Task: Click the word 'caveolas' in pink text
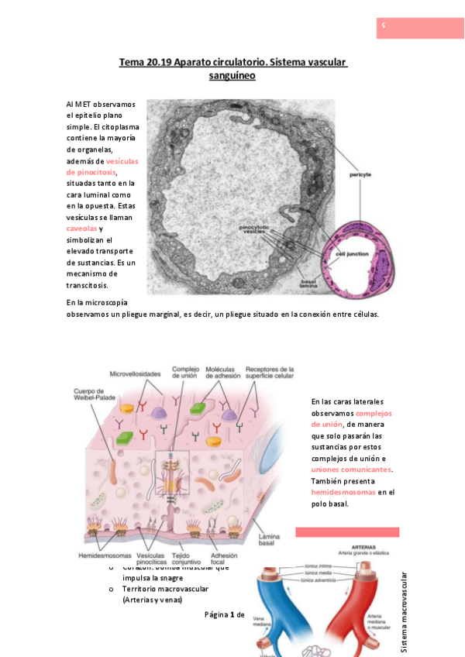tap(82, 229)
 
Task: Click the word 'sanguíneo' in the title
tap(232, 76)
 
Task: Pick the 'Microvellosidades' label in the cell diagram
tap(135, 373)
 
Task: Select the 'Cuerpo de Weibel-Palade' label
tap(95, 395)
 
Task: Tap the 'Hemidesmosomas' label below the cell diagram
tap(104, 556)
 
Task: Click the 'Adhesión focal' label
tap(224, 559)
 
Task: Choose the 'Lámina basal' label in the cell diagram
tap(269, 539)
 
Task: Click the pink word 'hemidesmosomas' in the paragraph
tap(343, 492)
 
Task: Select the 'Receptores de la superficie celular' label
tap(270, 373)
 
